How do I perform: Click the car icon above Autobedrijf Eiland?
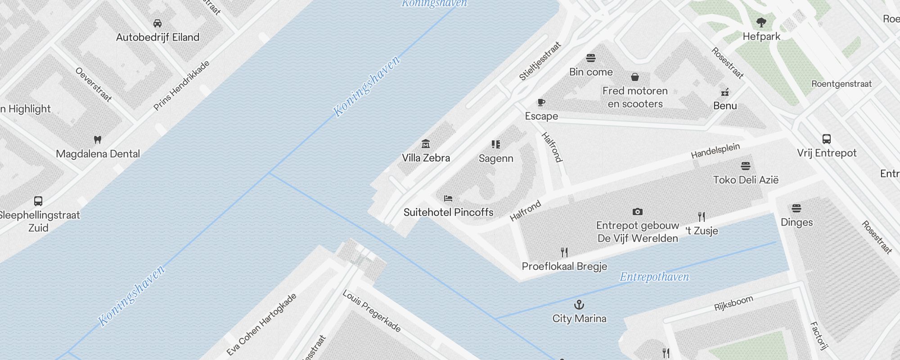pyautogui.click(x=157, y=23)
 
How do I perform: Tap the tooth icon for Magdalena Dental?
pyautogui.click(x=98, y=139)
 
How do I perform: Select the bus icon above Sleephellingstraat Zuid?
pyautogui.click(x=38, y=201)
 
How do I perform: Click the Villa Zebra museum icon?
pyautogui.click(x=426, y=144)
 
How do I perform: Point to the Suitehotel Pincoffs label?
pyautogui.click(x=448, y=212)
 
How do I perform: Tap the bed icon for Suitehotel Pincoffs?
pyautogui.click(x=448, y=198)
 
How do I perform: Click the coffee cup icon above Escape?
pyautogui.click(x=541, y=102)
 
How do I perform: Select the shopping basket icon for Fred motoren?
pyautogui.click(x=635, y=77)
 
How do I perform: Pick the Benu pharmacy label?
pyautogui.click(x=725, y=106)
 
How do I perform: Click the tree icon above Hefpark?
pyautogui.click(x=761, y=22)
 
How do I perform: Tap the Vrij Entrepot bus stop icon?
pyautogui.click(x=827, y=139)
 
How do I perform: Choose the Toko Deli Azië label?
pyautogui.click(x=746, y=180)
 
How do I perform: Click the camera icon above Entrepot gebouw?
pyautogui.click(x=637, y=211)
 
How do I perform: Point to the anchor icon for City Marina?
pyautogui.click(x=579, y=305)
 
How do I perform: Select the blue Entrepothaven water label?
pyautogui.click(x=654, y=277)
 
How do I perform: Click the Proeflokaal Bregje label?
pyautogui.click(x=564, y=266)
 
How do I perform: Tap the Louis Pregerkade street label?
pyautogui.click(x=372, y=311)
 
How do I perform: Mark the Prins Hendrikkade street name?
pyautogui.click(x=181, y=85)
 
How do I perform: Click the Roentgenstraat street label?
pyautogui.click(x=841, y=84)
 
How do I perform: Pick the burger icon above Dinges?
pyautogui.click(x=796, y=208)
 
